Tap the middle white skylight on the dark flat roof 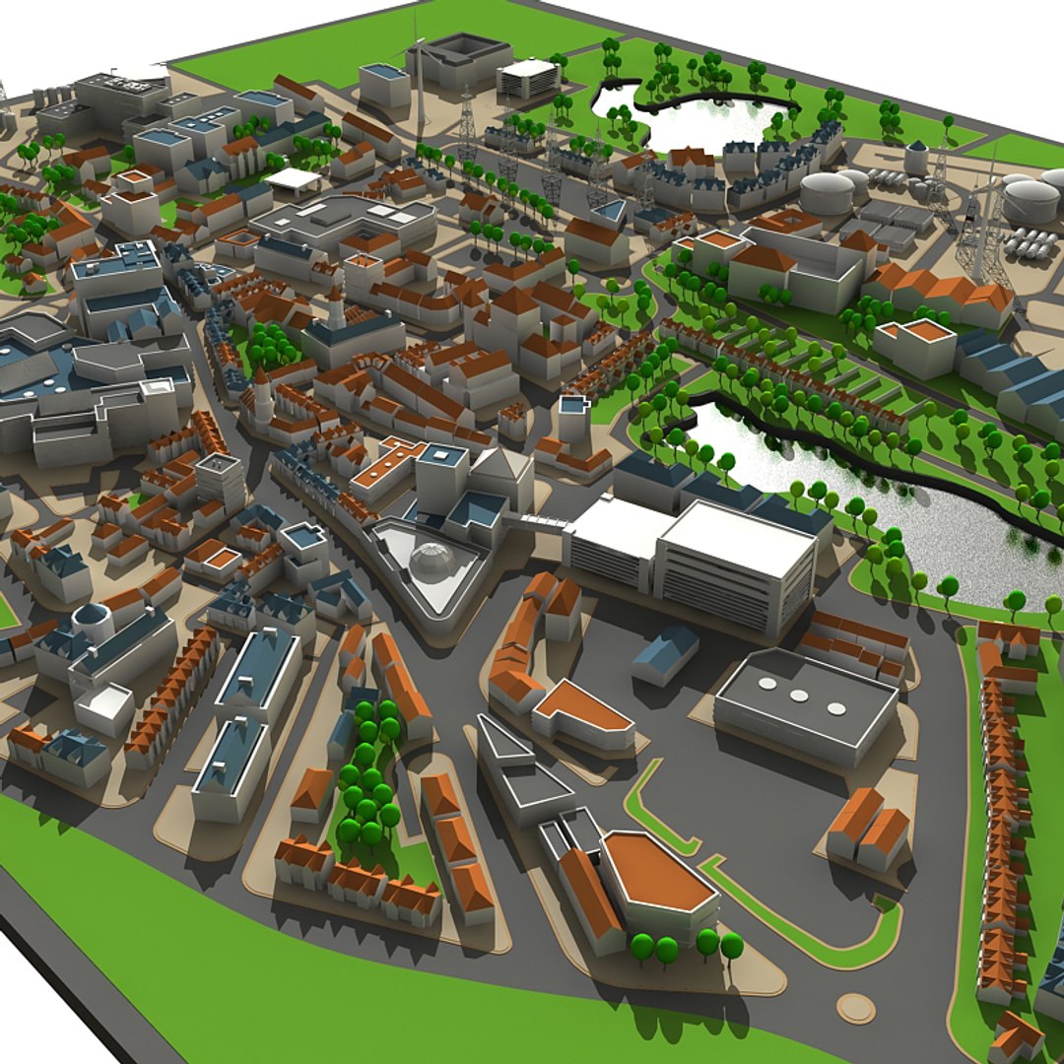click(x=799, y=696)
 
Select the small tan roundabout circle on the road click(x=855, y=1007)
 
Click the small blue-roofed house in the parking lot click(x=665, y=652)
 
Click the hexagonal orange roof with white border click(x=657, y=872)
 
